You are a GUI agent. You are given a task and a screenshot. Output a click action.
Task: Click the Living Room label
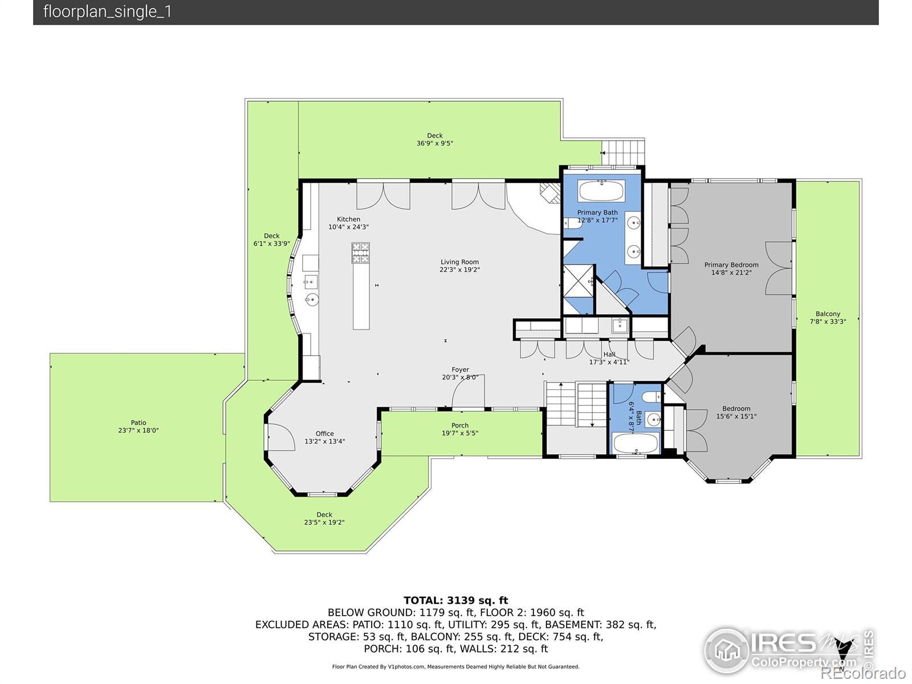click(x=459, y=262)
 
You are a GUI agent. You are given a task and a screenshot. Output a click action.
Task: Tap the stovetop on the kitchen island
click(x=361, y=253)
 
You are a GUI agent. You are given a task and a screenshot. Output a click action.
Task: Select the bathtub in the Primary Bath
click(x=601, y=191)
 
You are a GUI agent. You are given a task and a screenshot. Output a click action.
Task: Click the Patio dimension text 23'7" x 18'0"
click(x=139, y=430)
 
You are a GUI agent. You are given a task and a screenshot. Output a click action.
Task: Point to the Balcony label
click(x=828, y=314)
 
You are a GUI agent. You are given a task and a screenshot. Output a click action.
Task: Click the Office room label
click(x=324, y=434)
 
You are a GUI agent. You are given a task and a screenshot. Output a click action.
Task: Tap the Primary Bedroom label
click(x=731, y=265)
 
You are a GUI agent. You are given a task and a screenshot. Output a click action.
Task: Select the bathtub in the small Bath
click(x=636, y=443)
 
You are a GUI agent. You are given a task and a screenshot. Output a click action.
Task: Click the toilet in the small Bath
click(x=651, y=397)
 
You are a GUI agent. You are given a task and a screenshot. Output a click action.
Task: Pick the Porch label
click(x=460, y=425)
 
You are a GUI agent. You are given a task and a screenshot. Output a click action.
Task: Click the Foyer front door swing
click(x=469, y=391)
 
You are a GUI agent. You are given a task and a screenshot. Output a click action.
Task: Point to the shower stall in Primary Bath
click(x=579, y=281)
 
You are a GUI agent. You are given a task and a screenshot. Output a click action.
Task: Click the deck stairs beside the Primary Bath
click(x=623, y=152)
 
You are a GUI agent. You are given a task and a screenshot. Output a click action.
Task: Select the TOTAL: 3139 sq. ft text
click(x=456, y=601)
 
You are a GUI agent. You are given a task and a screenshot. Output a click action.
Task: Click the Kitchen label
click(x=349, y=219)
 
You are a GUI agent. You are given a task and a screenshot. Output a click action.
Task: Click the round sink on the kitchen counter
click(x=312, y=299)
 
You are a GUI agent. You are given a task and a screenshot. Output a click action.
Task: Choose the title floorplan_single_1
click(x=107, y=11)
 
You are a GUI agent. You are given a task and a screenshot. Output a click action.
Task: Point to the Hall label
click(x=609, y=355)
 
